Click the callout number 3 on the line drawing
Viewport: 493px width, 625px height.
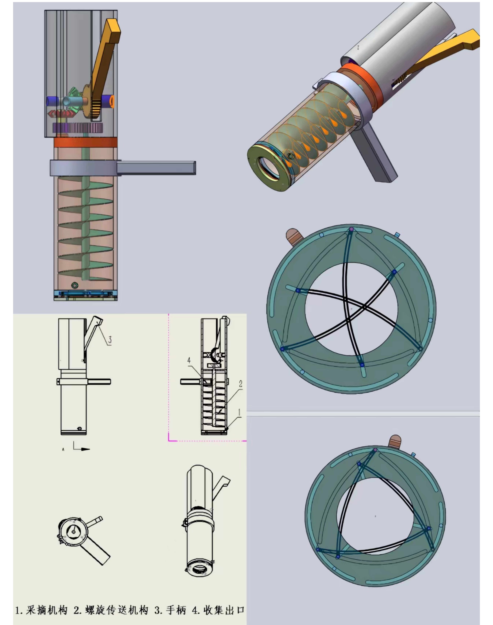[110, 340]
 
